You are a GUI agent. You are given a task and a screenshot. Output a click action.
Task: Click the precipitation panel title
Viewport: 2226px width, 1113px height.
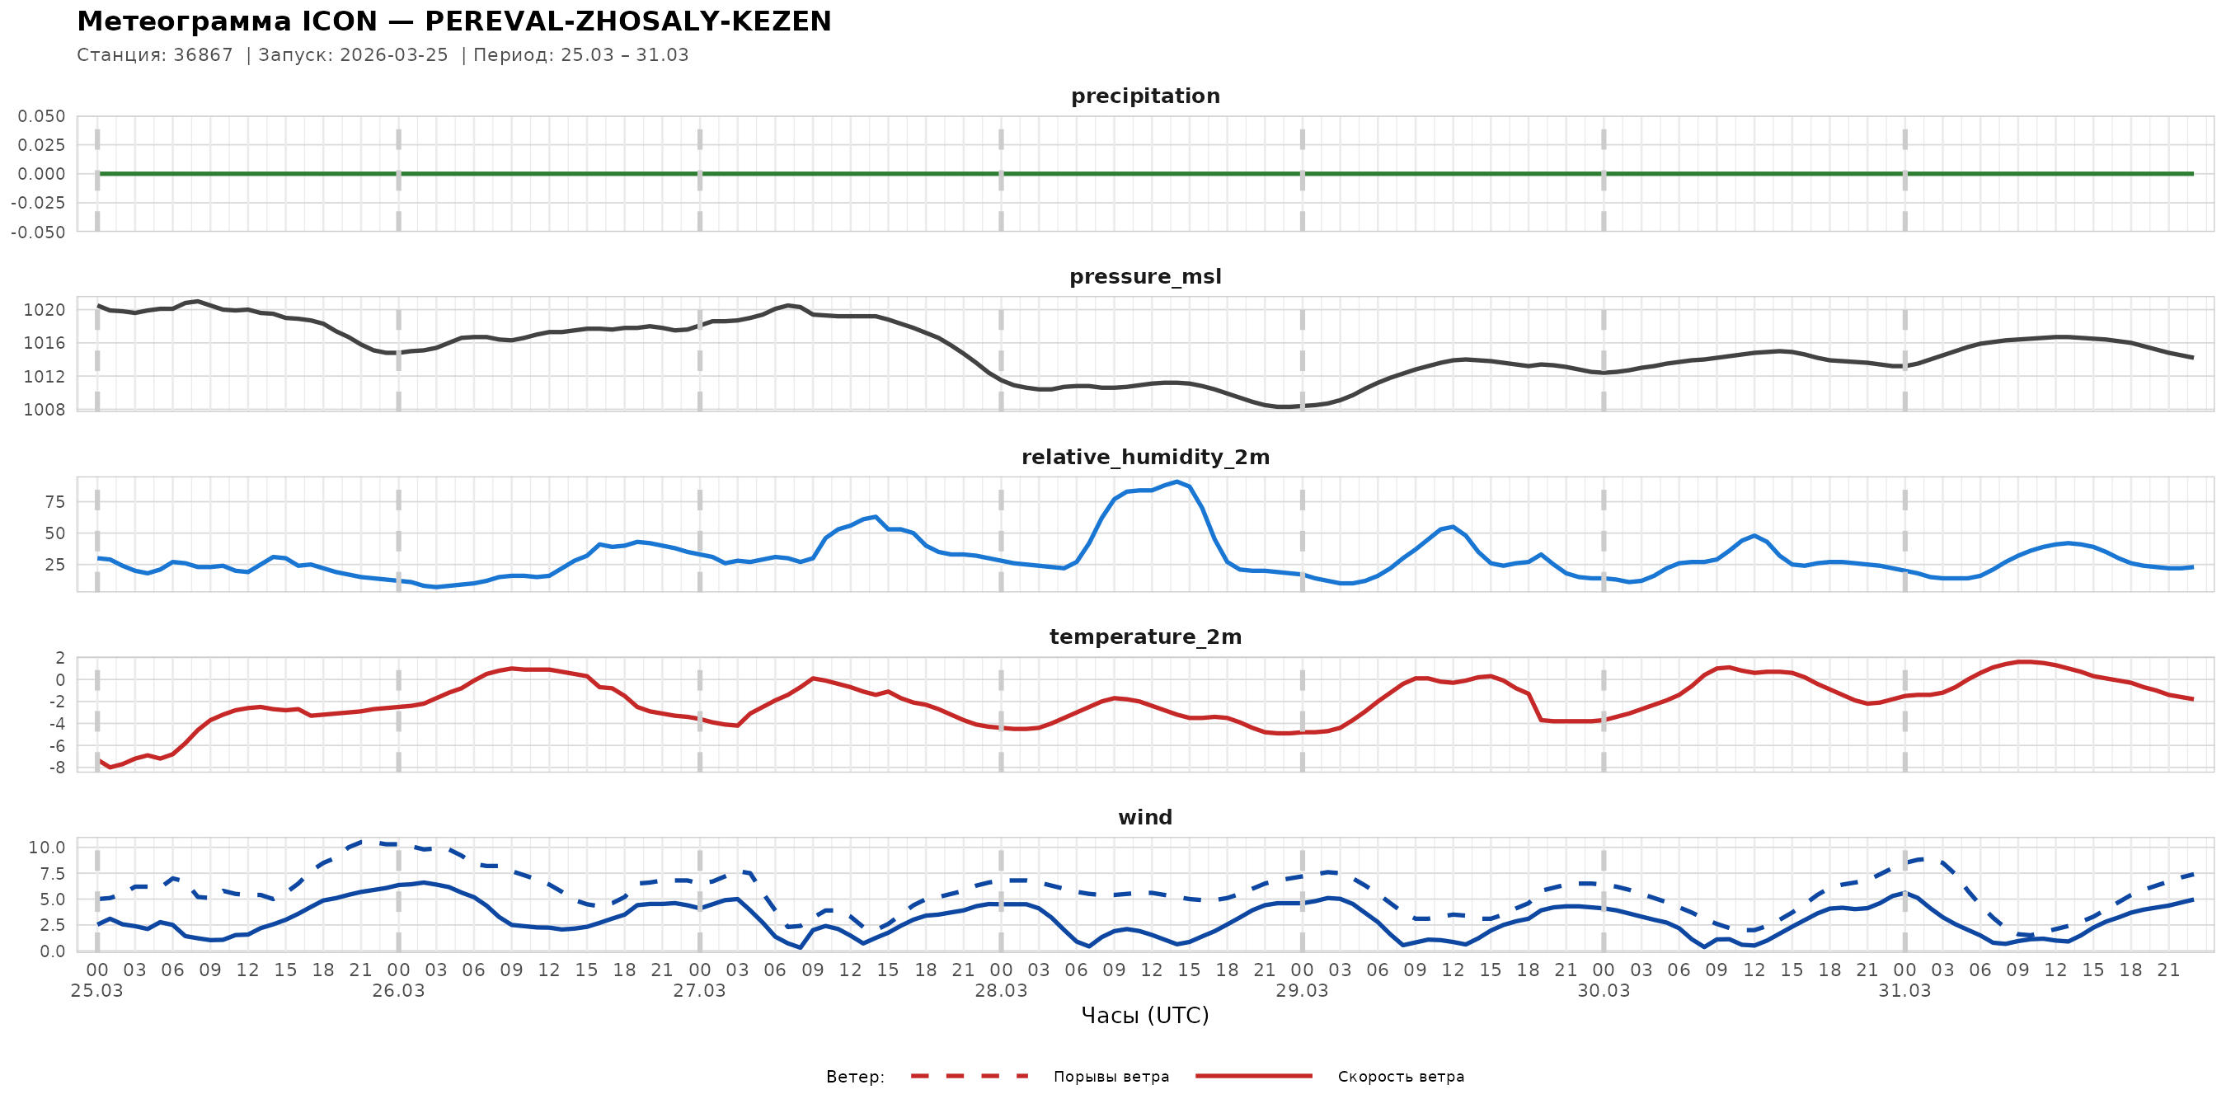pyautogui.click(x=1145, y=96)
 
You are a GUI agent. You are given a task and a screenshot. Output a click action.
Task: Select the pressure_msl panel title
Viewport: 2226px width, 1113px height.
pyautogui.click(x=1145, y=276)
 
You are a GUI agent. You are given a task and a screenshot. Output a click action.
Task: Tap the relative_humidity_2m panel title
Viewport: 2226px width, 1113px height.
pyautogui.click(x=1145, y=457)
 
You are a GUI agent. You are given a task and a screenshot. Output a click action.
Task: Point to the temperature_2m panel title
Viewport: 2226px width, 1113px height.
pyautogui.click(x=1145, y=636)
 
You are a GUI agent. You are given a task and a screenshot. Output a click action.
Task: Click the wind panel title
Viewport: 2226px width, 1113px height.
pyautogui.click(x=1145, y=818)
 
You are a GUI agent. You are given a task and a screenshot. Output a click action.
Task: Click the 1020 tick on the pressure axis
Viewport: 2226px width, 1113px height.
pyautogui.click(x=44, y=310)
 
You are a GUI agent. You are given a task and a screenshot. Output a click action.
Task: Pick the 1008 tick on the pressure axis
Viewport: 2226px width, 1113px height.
pyautogui.click(x=44, y=410)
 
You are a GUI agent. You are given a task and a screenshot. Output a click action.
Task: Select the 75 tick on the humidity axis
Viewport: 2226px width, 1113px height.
pyautogui.click(x=54, y=502)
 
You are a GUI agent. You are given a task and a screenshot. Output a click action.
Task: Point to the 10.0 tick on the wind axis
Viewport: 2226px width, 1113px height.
pyautogui.click(x=47, y=848)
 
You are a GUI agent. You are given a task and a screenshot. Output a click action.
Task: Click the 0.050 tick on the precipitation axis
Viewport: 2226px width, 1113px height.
pyautogui.click(x=41, y=116)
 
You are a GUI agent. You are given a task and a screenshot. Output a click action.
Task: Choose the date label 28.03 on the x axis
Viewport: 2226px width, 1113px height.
pyautogui.click(x=1001, y=991)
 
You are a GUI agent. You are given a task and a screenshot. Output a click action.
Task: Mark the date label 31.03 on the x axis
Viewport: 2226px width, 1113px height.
pyautogui.click(x=1904, y=991)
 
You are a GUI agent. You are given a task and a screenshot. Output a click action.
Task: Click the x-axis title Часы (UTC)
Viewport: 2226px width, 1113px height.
pyautogui.click(x=1145, y=1016)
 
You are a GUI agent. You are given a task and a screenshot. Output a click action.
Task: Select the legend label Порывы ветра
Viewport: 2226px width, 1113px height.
pyautogui.click(x=1111, y=1077)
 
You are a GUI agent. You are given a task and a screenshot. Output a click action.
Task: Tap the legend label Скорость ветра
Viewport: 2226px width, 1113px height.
pyautogui.click(x=1401, y=1077)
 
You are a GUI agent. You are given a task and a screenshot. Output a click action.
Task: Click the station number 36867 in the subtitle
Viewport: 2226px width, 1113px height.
pyautogui.click(x=203, y=55)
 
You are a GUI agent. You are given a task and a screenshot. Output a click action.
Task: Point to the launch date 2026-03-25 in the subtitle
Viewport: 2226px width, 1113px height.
pyautogui.click(x=394, y=55)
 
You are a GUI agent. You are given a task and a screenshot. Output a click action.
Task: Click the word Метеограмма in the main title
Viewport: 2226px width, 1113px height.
pyautogui.click(x=184, y=21)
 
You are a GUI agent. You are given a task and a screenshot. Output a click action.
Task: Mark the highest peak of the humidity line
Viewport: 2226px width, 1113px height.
pyautogui.click(x=1177, y=481)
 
